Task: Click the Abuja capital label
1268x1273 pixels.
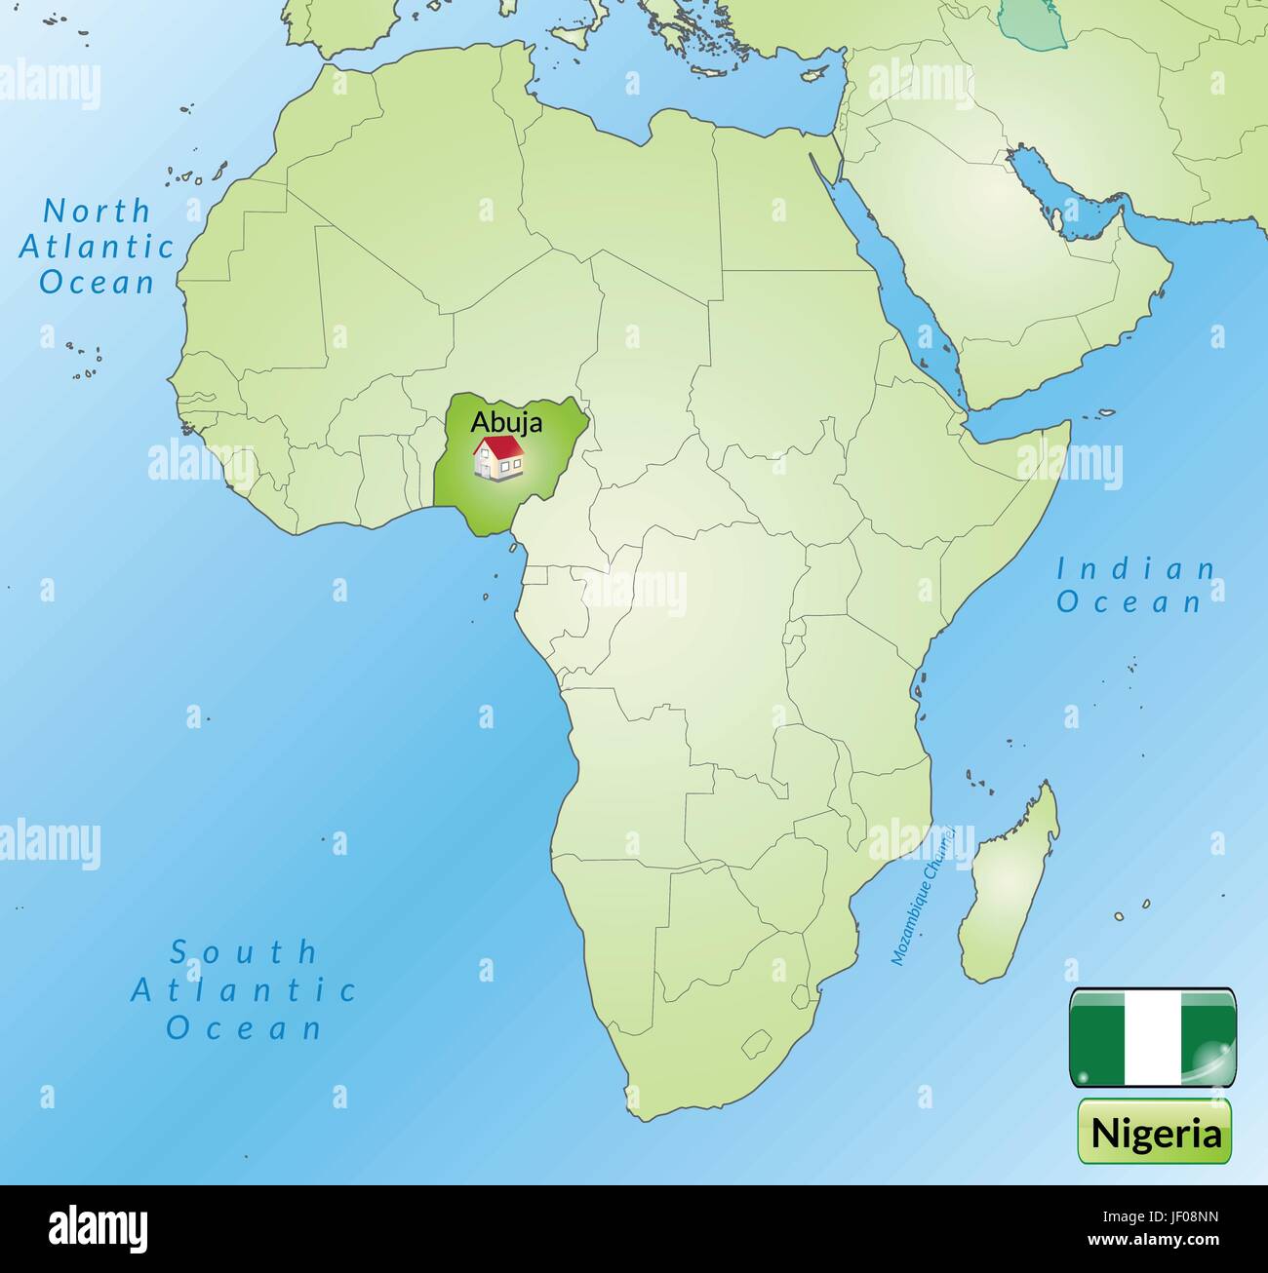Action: point(506,422)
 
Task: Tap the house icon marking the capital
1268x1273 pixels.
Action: point(498,458)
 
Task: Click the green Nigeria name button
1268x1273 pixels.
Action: point(1155,1133)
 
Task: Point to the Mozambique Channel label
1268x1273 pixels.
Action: point(931,896)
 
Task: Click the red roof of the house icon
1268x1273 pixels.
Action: point(500,446)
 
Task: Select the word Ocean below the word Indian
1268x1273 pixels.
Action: point(1129,602)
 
